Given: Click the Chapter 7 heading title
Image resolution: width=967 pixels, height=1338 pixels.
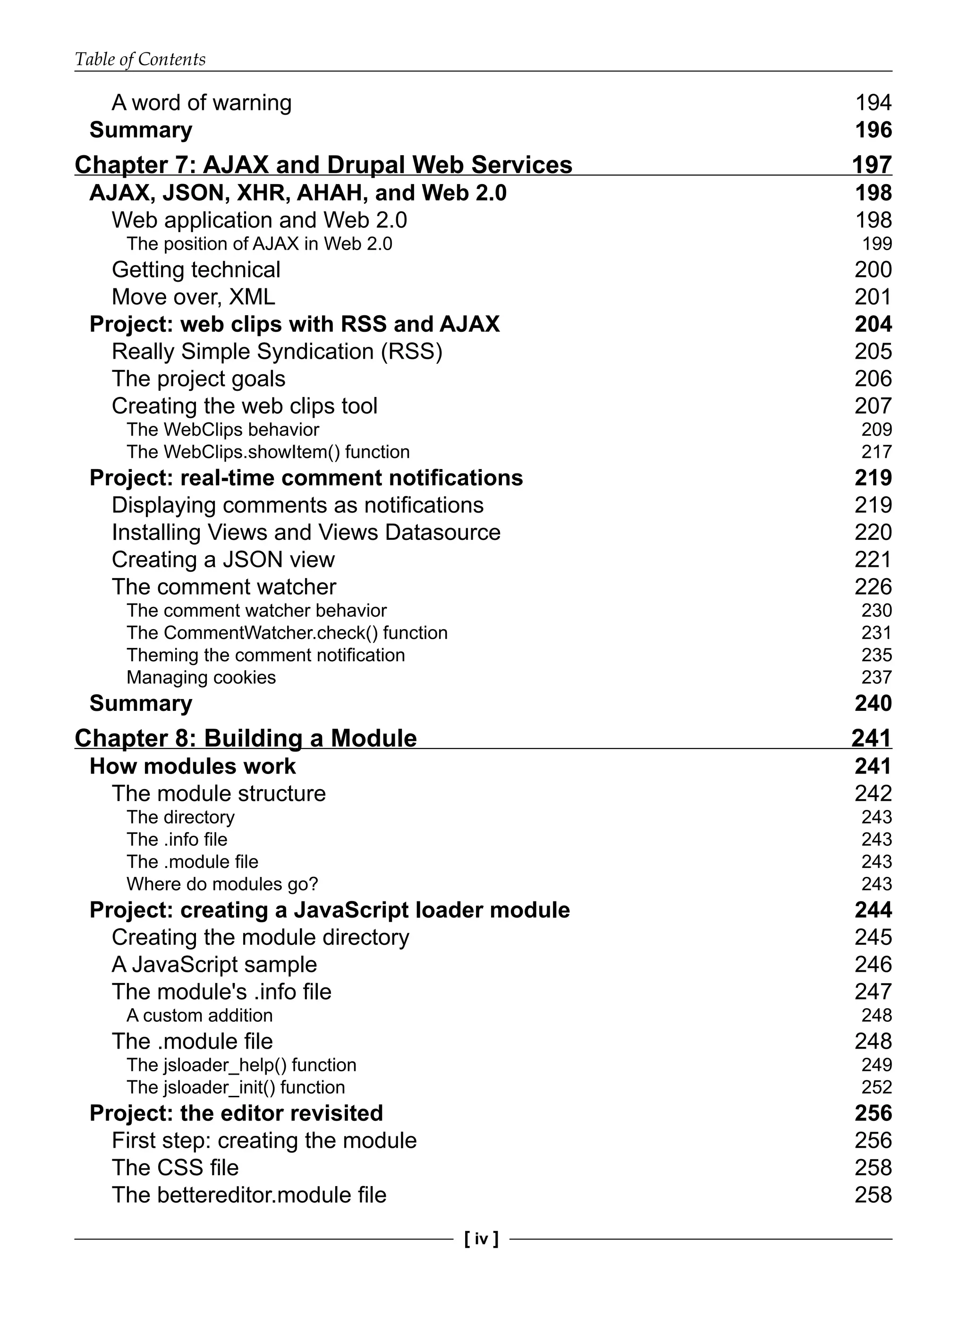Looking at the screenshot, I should click(x=323, y=165).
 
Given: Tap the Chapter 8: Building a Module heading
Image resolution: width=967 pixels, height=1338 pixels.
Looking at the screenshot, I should click(x=246, y=738).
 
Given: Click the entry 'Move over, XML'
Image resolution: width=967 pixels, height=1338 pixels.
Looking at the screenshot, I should click(x=193, y=297).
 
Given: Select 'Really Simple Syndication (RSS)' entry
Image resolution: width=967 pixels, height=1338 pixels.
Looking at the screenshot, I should click(x=276, y=352).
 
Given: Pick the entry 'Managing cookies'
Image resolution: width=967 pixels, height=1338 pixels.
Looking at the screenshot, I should click(x=201, y=677).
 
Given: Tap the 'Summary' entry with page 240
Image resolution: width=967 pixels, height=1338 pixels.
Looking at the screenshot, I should click(x=141, y=703).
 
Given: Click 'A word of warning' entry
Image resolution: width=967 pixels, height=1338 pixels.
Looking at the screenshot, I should click(x=201, y=103).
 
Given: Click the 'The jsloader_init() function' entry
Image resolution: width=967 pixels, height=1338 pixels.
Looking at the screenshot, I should click(x=236, y=1087).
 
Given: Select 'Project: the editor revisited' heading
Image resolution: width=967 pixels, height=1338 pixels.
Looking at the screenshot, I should click(x=236, y=1113).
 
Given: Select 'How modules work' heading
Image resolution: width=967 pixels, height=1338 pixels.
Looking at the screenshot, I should click(x=193, y=766).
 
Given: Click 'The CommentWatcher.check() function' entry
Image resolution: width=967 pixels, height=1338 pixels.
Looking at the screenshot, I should click(x=287, y=632).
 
